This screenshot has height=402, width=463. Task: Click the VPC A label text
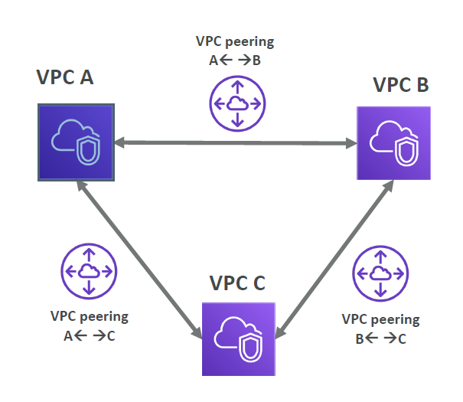click(x=65, y=77)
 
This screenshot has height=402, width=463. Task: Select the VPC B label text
click(x=400, y=84)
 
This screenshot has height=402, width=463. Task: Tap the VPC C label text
click(x=237, y=283)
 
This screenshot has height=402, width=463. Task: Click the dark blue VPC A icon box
click(x=76, y=142)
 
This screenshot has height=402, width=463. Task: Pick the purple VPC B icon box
click(x=393, y=143)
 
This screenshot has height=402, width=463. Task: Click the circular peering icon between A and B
click(x=237, y=104)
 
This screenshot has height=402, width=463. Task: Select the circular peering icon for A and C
click(x=89, y=270)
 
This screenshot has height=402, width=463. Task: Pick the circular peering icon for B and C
click(x=380, y=273)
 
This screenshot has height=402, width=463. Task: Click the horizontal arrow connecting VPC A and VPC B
click(x=234, y=142)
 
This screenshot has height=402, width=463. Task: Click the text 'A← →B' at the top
click(x=235, y=60)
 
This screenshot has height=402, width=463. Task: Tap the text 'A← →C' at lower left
click(x=89, y=334)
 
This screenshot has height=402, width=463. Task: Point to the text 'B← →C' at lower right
click(x=380, y=338)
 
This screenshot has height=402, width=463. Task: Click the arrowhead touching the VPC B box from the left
click(x=351, y=143)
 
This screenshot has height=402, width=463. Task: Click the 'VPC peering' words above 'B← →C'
click(x=380, y=319)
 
